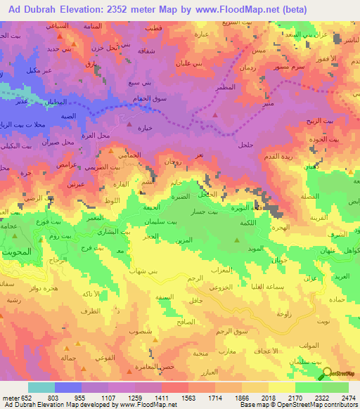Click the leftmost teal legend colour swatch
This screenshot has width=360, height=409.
tap(41, 387)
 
